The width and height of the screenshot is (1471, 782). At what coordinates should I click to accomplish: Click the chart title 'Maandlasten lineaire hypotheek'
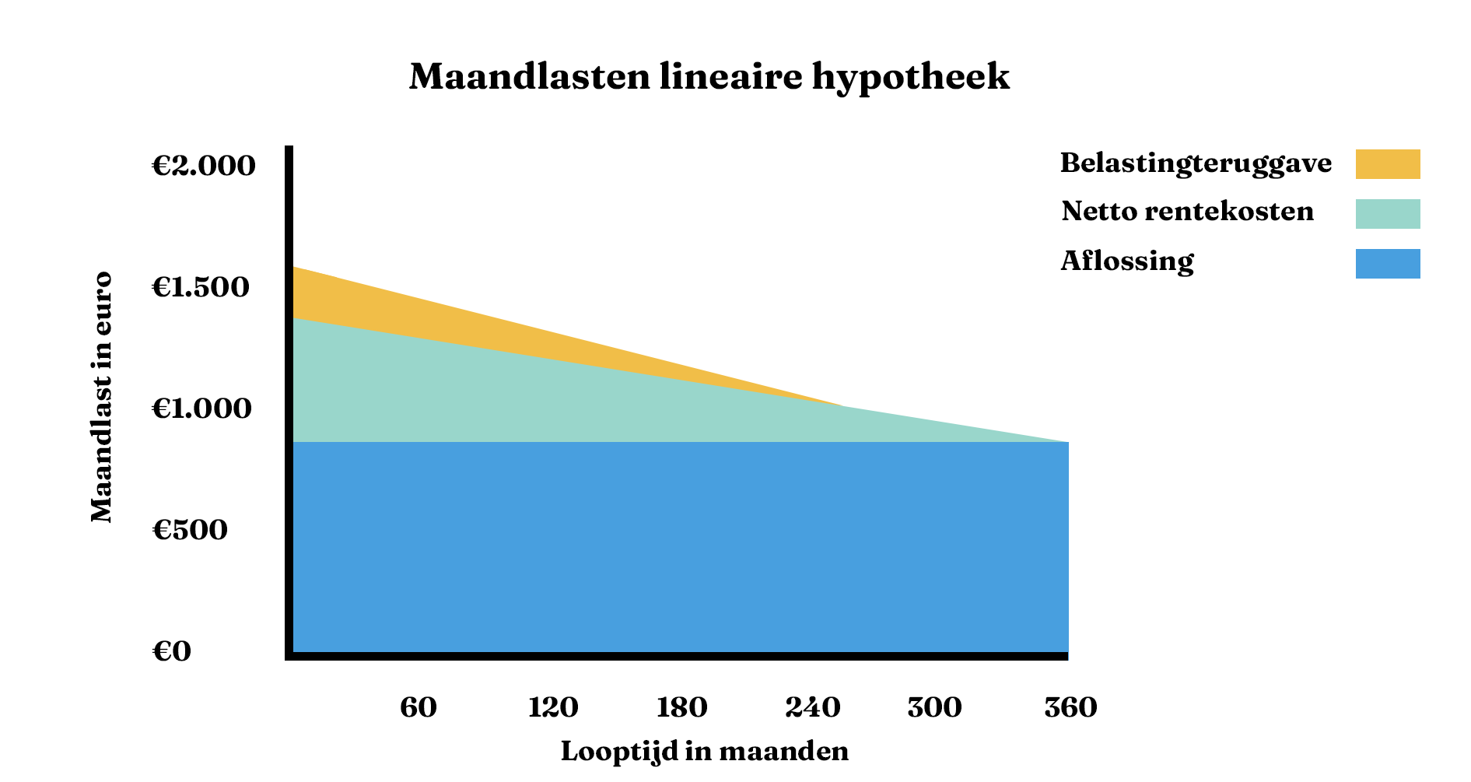[709, 77]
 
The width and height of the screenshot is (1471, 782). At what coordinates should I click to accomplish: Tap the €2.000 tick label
[203, 166]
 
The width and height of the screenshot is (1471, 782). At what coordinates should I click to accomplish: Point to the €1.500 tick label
[201, 287]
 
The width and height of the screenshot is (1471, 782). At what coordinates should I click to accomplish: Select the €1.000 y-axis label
[201, 409]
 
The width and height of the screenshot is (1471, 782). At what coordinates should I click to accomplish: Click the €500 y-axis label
[190, 530]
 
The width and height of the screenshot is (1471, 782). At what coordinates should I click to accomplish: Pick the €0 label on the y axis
[171, 651]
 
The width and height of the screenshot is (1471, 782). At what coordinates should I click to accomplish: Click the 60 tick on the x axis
[419, 707]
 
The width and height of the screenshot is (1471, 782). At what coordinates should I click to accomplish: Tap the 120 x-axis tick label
[553, 707]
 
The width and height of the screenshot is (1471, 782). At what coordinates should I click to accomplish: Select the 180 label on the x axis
[681, 707]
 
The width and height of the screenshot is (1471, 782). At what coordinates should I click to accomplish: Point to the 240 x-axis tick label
[813, 707]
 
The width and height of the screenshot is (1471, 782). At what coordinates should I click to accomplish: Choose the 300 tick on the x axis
[934, 707]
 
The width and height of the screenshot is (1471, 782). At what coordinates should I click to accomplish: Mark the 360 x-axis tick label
[1070, 707]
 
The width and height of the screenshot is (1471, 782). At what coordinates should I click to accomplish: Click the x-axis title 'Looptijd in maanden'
[705, 752]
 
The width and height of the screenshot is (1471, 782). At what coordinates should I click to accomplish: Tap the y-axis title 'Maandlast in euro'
[102, 397]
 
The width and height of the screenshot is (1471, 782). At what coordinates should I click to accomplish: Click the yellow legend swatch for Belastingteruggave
[1388, 164]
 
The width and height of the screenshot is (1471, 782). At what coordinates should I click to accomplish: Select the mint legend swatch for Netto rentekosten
[1388, 214]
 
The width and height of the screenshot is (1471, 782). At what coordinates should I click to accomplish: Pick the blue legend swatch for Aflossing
[1388, 264]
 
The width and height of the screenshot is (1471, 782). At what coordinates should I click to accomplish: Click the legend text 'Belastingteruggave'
[1196, 163]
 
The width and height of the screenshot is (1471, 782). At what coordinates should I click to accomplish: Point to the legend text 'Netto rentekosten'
[1187, 211]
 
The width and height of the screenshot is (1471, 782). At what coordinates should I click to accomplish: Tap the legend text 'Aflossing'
[1126, 261]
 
